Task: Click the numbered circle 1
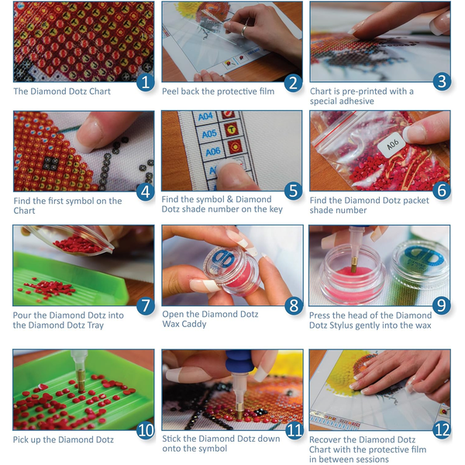point(145,81)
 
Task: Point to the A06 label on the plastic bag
point(392,144)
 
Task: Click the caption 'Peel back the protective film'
point(218,91)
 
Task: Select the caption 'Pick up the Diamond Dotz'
point(64,439)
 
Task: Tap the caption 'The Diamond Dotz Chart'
point(62,91)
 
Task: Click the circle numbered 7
point(145,305)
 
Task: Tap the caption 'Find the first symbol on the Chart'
point(67,205)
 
